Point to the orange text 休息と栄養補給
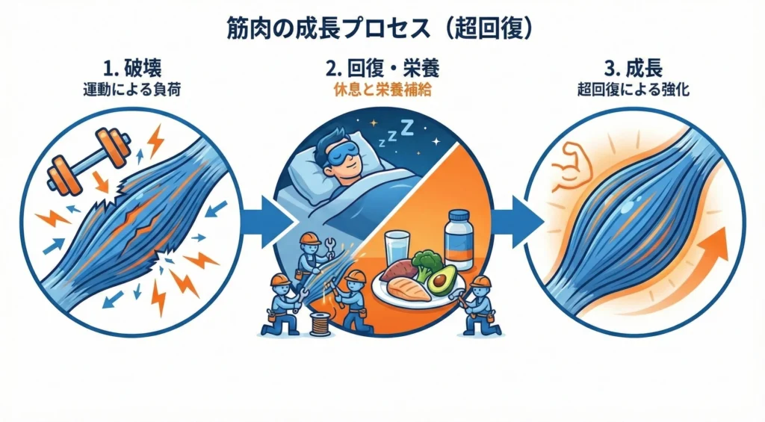(382, 91)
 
